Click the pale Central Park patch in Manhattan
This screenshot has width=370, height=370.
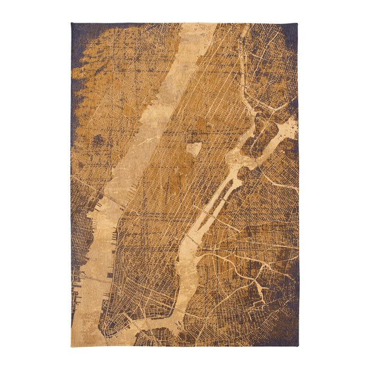193,150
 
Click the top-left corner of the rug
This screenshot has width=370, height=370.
71,23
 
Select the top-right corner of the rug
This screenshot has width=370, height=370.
298,23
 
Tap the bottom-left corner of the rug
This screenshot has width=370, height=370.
71,347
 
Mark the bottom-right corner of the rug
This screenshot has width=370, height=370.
298,347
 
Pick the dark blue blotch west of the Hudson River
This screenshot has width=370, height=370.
98,141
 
